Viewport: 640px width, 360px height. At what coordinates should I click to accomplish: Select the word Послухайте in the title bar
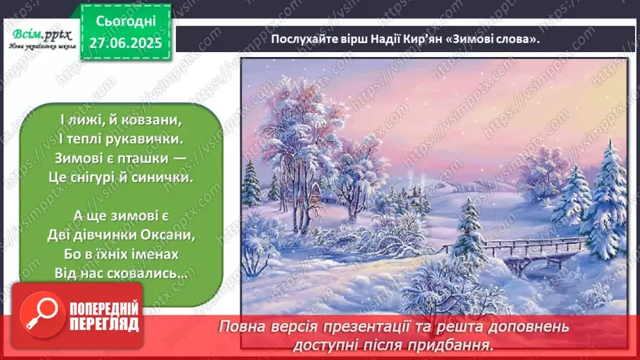coord(301,40)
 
